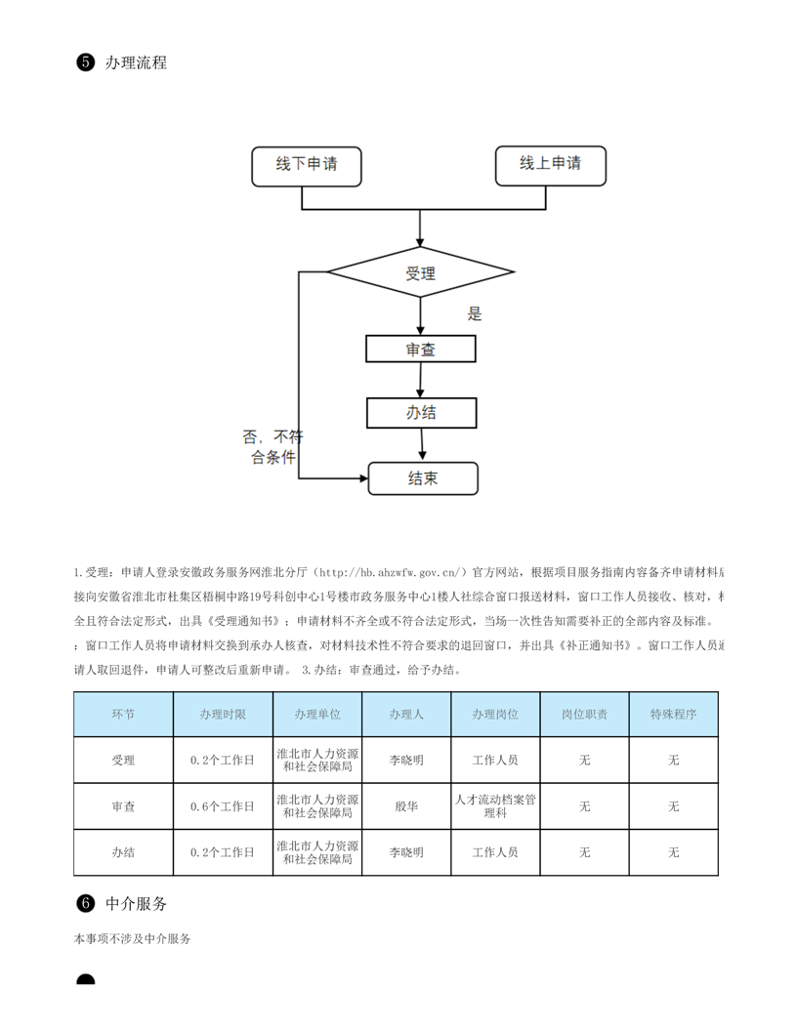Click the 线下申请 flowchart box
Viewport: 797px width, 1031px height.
click(x=307, y=166)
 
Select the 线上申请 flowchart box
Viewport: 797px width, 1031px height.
click(x=550, y=165)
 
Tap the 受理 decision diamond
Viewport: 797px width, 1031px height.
click(x=420, y=273)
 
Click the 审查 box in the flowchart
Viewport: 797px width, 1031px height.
click(x=421, y=349)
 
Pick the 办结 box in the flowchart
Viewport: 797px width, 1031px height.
click(x=421, y=412)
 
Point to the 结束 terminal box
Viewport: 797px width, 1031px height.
click(x=423, y=478)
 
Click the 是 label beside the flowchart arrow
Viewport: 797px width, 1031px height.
click(x=475, y=314)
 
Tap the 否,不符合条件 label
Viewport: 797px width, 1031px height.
click(x=273, y=447)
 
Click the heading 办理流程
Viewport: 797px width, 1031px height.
click(x=136, y=62)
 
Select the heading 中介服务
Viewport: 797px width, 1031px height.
click(x=136, y=903)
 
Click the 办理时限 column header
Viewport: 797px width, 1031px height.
click(x=223, y=715)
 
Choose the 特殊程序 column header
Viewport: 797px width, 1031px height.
click(x=673, y=715)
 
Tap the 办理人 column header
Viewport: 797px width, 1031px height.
click(x=406, y=715)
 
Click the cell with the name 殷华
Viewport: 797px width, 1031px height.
click(x=406, y=806)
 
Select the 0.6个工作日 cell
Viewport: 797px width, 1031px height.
click(x=223, y=806)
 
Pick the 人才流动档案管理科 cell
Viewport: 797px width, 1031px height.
click(x=495, y=806)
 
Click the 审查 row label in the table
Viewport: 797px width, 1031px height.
click(x=123, y=806)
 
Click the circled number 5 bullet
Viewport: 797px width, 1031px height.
click(x=84, y=62)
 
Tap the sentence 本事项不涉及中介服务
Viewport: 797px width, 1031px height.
click(x=132, y=938)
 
